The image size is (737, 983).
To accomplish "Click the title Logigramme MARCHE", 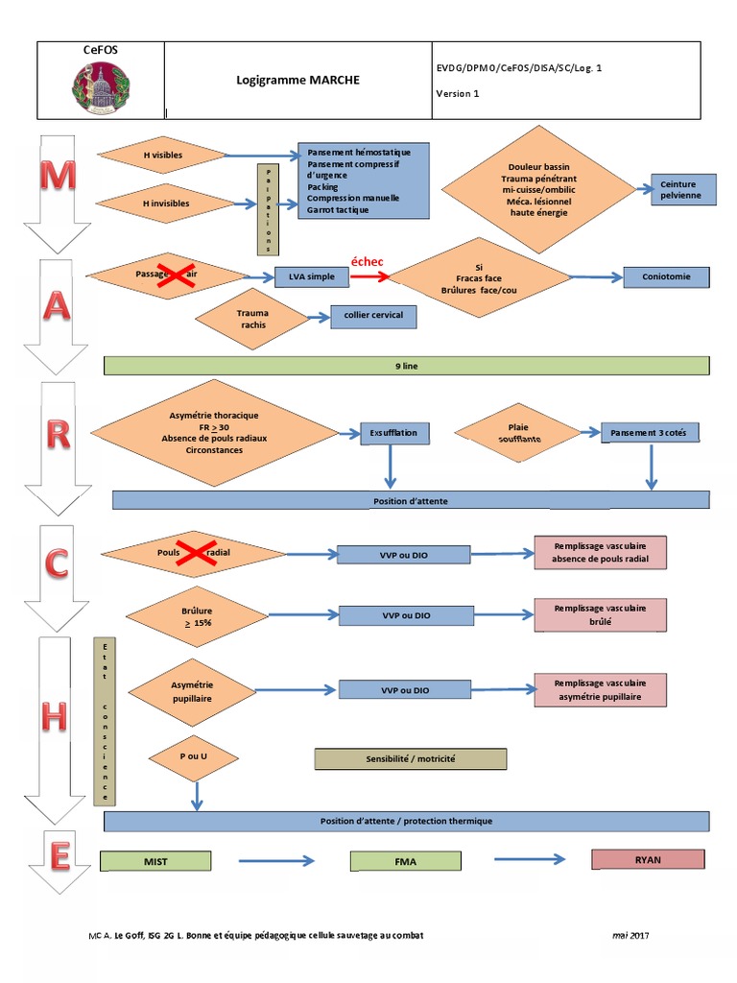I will click(297, 81).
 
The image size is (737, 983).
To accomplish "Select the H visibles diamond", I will click(162, 155).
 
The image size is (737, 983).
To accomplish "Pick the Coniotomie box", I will click(667, 277).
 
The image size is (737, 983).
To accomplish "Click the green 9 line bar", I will click(406, 366).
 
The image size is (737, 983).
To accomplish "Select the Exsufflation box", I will click(393, 433).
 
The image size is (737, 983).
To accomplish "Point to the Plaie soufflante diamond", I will click(518, 433).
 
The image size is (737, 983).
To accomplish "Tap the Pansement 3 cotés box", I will click(649, 433).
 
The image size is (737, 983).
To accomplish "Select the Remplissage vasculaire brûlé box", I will click(600, 615).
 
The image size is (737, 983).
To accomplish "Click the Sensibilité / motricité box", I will click(410, 758).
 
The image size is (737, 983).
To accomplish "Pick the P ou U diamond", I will click(193, 757).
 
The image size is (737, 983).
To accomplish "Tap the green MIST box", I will click(155, 861).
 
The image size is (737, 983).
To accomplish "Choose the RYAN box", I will click(648, 859).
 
